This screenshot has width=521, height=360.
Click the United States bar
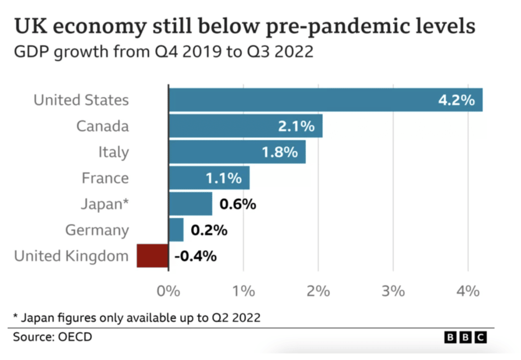(x=326, y=100)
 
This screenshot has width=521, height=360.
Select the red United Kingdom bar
(x=152, y=255)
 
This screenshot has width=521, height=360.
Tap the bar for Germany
(x=176, y=230)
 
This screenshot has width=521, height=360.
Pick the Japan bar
(x=190, y=203)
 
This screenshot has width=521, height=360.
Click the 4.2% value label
(x=456, y=100)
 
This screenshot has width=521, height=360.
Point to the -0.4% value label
(x=195, y=256)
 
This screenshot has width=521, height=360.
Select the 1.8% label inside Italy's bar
(x=279, y=152)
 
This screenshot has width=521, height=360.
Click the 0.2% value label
(x=209, y=230)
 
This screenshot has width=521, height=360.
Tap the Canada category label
(x=102, y=126)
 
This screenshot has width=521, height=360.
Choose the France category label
(x=105, y=178)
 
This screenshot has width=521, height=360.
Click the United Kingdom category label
(x=71, y=256)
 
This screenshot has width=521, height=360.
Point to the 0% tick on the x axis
(x=168, y=291)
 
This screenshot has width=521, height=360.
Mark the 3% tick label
(x=393, y=291)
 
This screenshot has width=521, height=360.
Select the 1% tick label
(x=244, y=291)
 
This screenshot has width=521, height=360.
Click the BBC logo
(x=466, y=337)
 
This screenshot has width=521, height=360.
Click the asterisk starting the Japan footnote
(x=16, y=317)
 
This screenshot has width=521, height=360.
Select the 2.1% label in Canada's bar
(x=296, y=126)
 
